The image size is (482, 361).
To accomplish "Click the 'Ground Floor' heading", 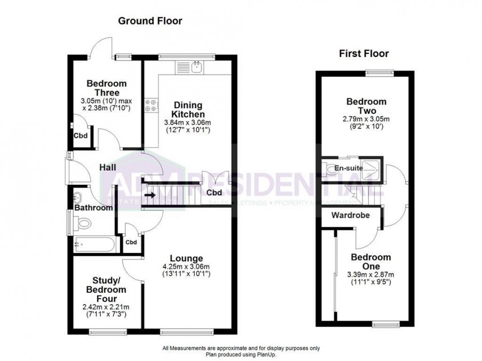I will tap(149, 21).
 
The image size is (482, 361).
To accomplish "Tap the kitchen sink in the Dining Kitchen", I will tap(197, 68).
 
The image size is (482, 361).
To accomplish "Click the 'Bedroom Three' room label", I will tap(106, 88).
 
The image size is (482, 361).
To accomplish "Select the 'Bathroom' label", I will tap(92, 208).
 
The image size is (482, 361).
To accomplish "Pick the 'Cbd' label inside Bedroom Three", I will tap(79, 136).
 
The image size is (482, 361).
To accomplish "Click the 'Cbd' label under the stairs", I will tap(214, 193).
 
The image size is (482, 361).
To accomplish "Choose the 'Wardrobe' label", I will tap(347, 215).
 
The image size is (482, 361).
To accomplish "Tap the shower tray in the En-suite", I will tap(371, 168).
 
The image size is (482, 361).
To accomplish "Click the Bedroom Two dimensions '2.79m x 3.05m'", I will tap(366, 119).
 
